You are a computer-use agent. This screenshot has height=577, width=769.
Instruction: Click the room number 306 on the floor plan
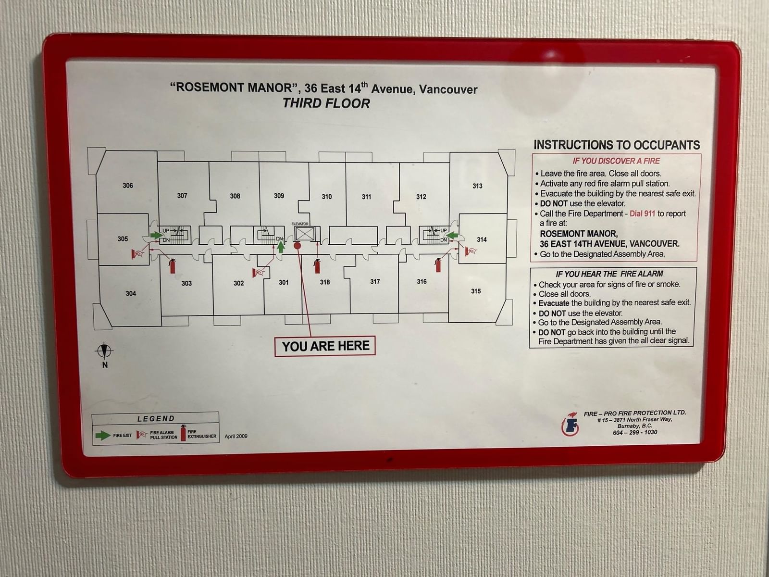point(128,185)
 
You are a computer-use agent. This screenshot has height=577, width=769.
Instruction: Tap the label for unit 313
point(477,186)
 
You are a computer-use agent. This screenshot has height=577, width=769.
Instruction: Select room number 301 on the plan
point(284,282)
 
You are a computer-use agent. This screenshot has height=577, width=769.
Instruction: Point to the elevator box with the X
point(304,234)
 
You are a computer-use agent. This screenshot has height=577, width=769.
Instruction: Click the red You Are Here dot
point(298,246)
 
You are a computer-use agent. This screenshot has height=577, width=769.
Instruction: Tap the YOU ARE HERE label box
point(325,346)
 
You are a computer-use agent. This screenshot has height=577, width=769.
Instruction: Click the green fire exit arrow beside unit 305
point(156,235)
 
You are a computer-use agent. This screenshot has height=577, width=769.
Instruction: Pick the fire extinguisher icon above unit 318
point(317,266)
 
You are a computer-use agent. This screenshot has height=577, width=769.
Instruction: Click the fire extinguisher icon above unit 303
point(172,266)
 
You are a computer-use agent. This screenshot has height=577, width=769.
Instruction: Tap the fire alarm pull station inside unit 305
point(138,253)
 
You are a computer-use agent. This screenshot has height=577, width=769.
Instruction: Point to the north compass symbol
point(104,351)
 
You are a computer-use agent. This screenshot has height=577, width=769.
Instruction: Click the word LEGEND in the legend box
point(156,419)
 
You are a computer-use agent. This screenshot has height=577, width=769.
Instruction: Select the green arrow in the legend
point(103,436)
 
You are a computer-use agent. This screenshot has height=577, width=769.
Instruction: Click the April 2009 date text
point(236,436)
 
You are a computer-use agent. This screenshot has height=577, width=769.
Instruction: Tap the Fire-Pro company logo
point(570,424)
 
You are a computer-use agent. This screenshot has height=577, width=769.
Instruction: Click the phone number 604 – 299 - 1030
point(635,432)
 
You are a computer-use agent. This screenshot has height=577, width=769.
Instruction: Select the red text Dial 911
point(642,213)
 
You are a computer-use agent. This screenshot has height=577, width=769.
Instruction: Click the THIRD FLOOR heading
point(326,103)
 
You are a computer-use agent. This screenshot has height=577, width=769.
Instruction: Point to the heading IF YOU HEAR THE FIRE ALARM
point(609,274)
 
